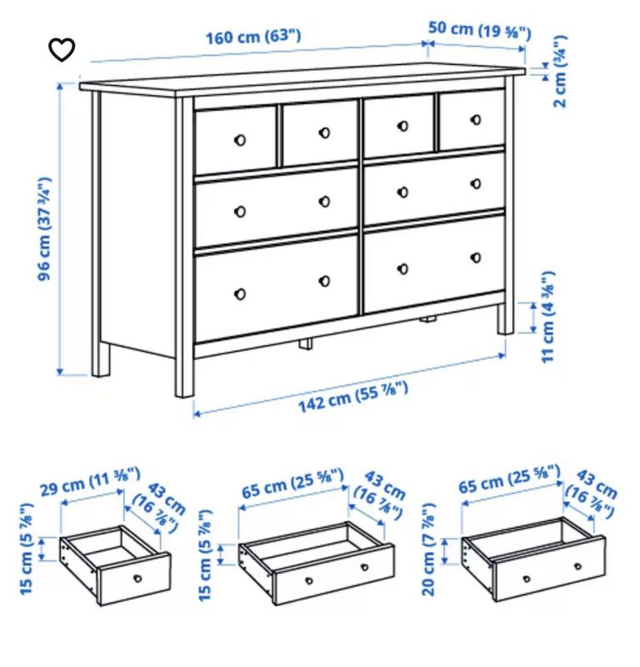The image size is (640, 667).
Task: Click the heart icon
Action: click(62, 49)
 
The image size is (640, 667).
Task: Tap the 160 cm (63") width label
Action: click(253, 36)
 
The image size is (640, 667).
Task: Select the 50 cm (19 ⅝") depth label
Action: click(480, 30)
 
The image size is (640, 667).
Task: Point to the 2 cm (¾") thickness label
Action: click(560, 71)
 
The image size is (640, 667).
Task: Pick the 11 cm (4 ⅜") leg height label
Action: click(547, 317)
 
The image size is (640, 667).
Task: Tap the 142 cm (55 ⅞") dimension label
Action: click(353, 398)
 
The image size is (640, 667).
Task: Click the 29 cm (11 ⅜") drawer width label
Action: click(90, 482)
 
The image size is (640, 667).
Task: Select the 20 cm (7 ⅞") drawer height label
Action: click(428, 549)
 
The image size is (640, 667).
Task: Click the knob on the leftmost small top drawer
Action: click(240, 139)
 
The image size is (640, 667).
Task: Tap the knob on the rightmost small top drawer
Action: click(476, 119)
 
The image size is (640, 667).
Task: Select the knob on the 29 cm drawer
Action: click(137, 578)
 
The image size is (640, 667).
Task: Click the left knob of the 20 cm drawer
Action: click(527, 579)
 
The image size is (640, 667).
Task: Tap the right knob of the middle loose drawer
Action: click(364, 567)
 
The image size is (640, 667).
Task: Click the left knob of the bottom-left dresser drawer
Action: click(240, 293)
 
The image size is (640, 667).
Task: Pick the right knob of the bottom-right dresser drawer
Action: click(476, 258)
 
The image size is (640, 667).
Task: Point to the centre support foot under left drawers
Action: click(305, 344)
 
